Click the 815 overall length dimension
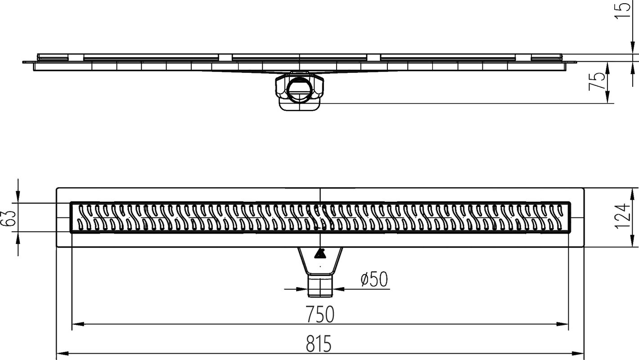(318, 344)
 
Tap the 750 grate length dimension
(320, 315)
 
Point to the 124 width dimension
(623, 216)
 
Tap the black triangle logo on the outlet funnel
(320, 254)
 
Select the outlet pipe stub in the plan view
(320, 285)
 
